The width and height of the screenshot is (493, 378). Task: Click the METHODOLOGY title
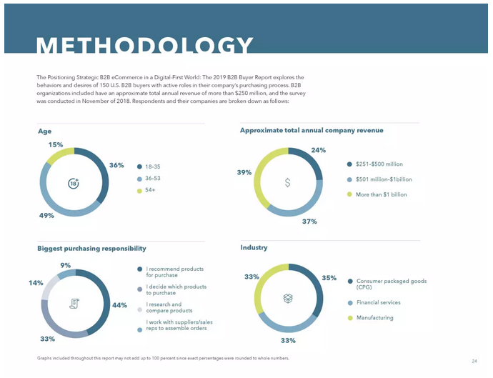pyautogui.click(x=144, y=46)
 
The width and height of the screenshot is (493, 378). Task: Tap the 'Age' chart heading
pyautogui.click(x=44, y=131)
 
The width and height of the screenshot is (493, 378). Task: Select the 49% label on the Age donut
pyautogui.click(x=47, y=215)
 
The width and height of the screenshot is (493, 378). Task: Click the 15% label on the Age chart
pyautogui.click(x=55, y=144)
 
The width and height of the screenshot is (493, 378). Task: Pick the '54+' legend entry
pyautogui.click(x=151, y=190)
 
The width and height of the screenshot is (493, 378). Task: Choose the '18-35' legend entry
pyautogui.click(x=152, y=166)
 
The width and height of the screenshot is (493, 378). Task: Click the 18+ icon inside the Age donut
pyautogui.click(x=73, y=183)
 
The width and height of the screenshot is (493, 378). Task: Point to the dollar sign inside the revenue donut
pyautogui.click(x=287, y=182)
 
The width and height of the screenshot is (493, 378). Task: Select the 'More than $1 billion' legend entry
pyautogui.click(x=381, y=194)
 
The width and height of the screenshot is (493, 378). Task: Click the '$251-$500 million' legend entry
pyautogui.click(x=379, y=164)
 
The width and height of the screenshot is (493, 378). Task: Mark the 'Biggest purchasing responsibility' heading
pyautogui.click(x=91, y=248)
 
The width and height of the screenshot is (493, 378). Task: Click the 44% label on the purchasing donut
pyautogui.click(x=119, y=305)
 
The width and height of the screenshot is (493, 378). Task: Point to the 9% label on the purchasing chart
pyautogui.click(x=66, y=265)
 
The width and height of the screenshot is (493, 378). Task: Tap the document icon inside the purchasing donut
pyautogui.click(x=74, y=304)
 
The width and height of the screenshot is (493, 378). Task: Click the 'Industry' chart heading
pyautogui.click(x=254, y=247)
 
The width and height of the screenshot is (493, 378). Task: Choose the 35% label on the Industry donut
pyautogui.click(x=329, y=277)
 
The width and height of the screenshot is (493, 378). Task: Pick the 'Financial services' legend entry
pyautogui.click(x=378, y=302)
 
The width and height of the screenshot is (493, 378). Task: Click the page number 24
pyautogui.click(x=474, y=360)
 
